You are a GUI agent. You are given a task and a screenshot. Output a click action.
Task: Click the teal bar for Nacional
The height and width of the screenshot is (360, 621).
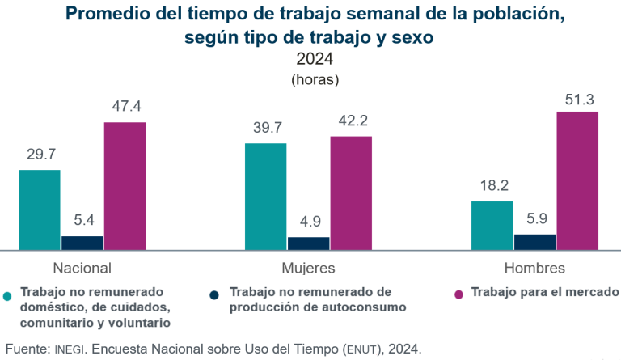40,210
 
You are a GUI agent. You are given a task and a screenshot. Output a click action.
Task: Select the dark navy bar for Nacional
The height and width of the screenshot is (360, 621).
82,243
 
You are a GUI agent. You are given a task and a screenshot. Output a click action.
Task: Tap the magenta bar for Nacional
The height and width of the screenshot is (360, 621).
125,185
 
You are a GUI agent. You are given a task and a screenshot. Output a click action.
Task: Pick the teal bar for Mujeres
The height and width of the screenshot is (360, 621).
265,197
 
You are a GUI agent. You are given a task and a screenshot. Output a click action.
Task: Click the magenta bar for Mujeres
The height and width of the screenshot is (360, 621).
351,193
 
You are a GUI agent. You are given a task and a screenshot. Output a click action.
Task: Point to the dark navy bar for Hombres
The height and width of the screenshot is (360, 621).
534,242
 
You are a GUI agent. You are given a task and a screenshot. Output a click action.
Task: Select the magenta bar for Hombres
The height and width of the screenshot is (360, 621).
577,180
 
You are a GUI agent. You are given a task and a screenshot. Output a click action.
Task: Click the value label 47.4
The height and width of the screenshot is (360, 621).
125,107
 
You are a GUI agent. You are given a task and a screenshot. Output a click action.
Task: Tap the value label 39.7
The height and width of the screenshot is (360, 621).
265,128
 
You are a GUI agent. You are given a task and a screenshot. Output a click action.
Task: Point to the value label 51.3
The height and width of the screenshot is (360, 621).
577,99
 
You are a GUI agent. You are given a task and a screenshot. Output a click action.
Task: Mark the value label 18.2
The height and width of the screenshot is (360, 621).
492,186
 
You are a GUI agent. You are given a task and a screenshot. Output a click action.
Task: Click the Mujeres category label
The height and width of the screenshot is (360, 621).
308,268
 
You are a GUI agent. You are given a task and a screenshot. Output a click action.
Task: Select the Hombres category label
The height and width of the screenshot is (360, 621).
534,268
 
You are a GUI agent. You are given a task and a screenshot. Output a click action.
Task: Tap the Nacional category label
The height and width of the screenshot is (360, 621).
82,268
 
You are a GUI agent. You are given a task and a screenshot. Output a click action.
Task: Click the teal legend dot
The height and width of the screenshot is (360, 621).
9,295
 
